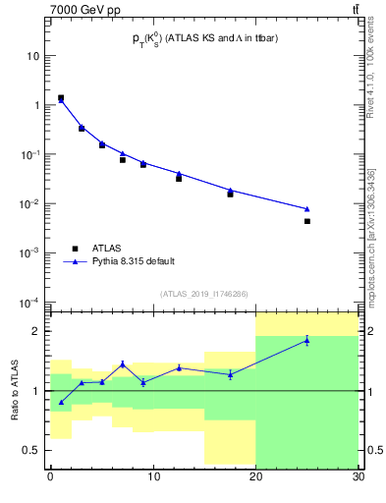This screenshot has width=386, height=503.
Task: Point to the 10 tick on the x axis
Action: pyautogui.click(x=152, y=477)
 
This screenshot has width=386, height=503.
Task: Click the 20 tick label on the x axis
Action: pyautogui.click(x=255, y=477)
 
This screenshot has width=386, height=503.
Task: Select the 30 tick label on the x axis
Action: pyautogui.click(x=358, y=477)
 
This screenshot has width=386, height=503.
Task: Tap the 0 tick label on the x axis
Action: pyautogui.click(x=50, y=477)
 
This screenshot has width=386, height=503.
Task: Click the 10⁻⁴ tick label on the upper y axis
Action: pyautogui.click(x=31, y=302)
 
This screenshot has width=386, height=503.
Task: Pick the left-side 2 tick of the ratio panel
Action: pyautogui.click(x=38, y=331)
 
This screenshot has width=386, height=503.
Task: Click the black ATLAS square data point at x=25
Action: pyautogui.click(x=307, y=221)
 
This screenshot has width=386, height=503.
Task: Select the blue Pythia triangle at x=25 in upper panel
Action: pyautogui.click(x=307, y=208)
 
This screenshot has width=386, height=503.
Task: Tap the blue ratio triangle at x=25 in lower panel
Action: pyautogui.click(x=307, y=340)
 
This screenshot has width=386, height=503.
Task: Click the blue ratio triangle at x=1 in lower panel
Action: pyautogui.click(x=61, y=402)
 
